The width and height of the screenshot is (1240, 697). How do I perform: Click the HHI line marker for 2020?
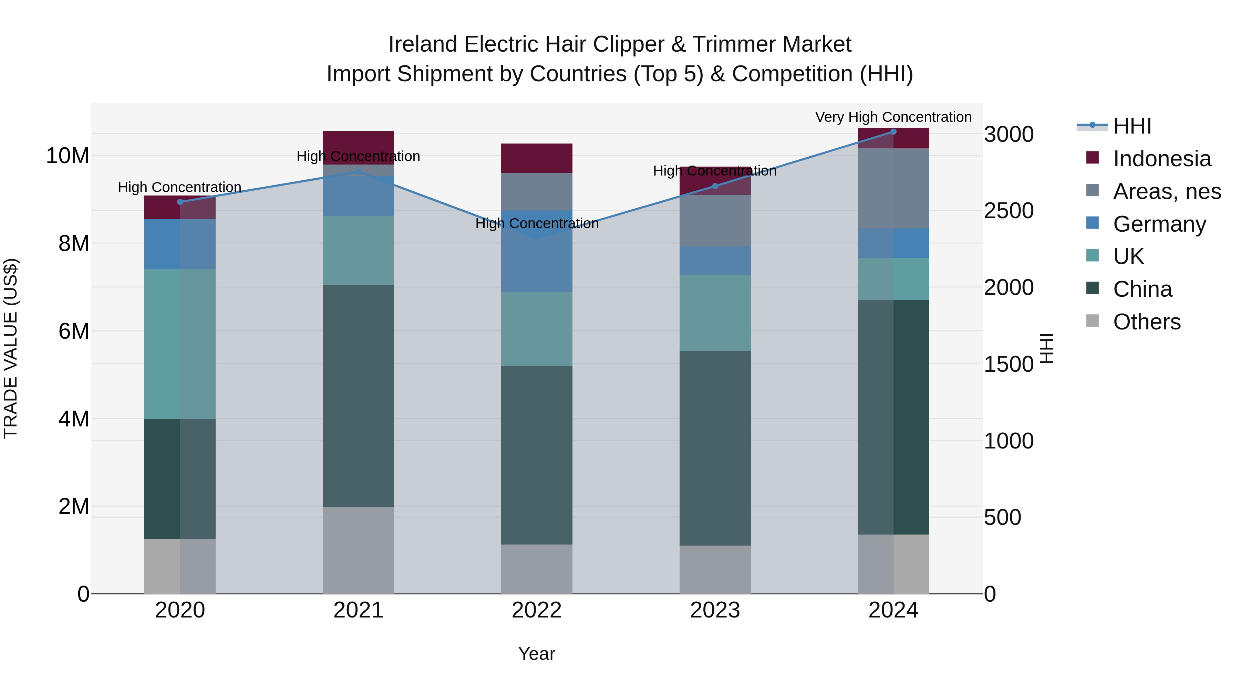tap(180, 202)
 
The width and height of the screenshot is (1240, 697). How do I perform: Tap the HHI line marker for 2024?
tap(893, 131)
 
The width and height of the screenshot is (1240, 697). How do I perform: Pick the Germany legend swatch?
tap(1093, 223)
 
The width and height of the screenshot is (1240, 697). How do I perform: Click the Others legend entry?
tap(1147, 322)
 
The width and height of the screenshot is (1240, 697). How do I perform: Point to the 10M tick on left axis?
tap(68, 156)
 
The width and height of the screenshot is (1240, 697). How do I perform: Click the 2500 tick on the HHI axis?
tap(1009, 211)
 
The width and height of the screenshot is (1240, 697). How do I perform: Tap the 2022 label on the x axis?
tap(536, 610)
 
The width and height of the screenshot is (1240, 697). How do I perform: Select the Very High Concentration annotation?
tap(893, 117)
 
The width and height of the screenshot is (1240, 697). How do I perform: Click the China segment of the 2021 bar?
tap(358, 396)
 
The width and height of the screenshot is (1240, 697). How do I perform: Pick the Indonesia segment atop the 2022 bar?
tap(536, 158)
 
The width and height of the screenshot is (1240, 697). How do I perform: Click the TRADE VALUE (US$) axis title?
tap(11, 348)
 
